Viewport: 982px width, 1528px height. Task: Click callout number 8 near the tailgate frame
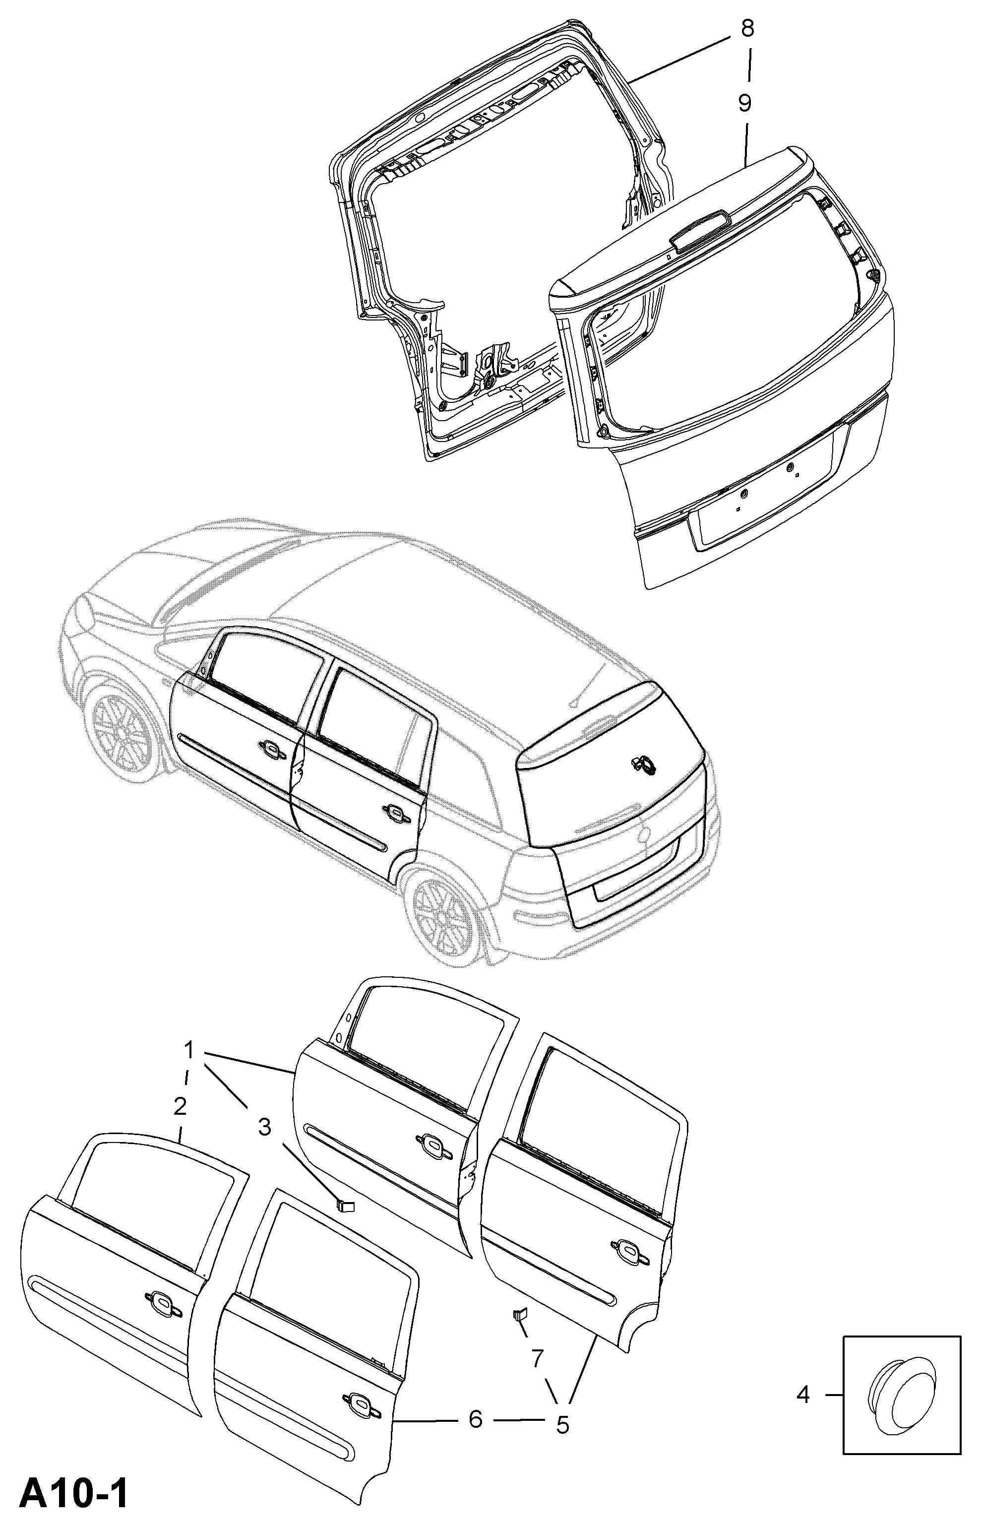point(747,29)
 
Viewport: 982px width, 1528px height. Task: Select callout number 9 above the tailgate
point(745,103)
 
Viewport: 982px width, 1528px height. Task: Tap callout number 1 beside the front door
point(189,1049)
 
